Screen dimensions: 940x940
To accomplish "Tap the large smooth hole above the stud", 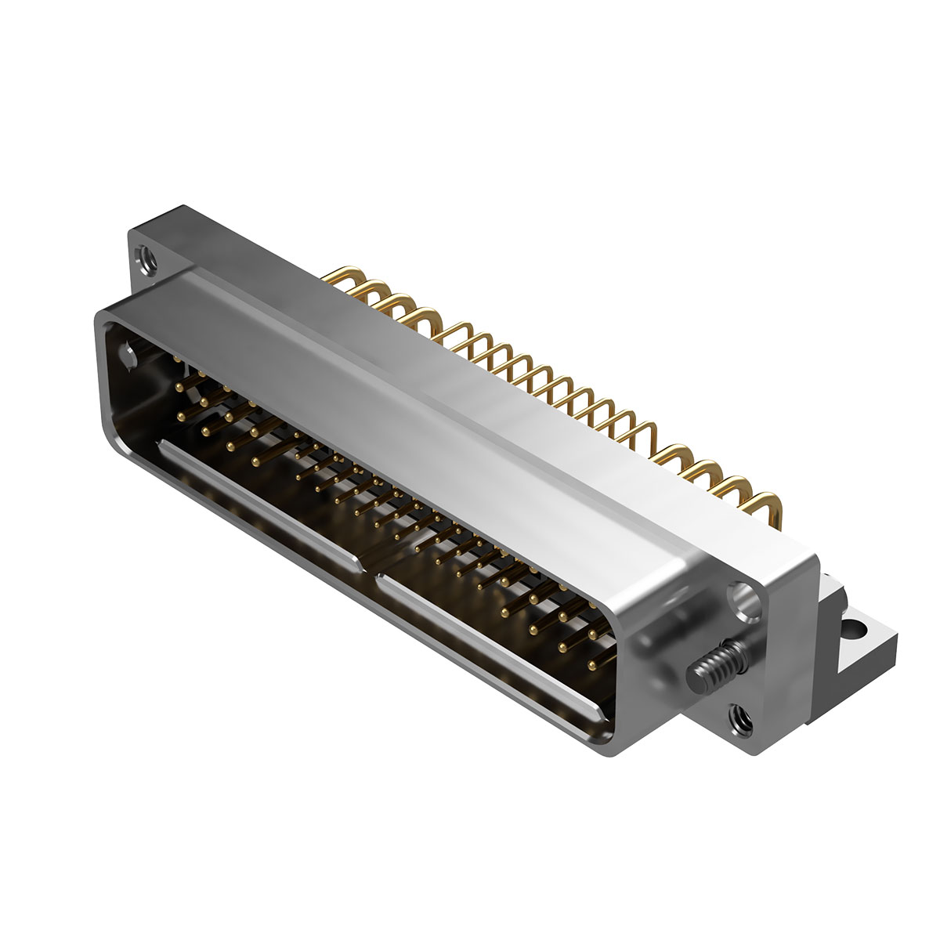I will coord(743,600).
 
